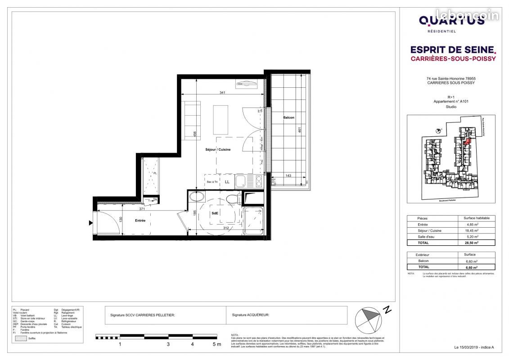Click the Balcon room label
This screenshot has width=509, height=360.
(x=288, y=117)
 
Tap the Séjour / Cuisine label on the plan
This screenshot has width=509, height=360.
(x=218, y=149)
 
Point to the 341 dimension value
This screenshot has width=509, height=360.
(x=222, y=92)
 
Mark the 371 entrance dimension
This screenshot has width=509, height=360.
(x=142, y=209)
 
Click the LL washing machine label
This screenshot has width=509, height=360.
(x=227, y=182)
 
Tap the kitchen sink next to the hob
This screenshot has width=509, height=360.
(x=241, y=181)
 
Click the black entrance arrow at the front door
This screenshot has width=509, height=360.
(x=91, y=222)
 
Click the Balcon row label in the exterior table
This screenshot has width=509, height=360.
(x=424, y=261)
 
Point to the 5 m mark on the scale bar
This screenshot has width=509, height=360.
(x=216, y=344)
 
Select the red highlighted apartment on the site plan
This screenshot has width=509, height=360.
(x=466, y=143)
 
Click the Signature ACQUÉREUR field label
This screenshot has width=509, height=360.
(x=250, y=315)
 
